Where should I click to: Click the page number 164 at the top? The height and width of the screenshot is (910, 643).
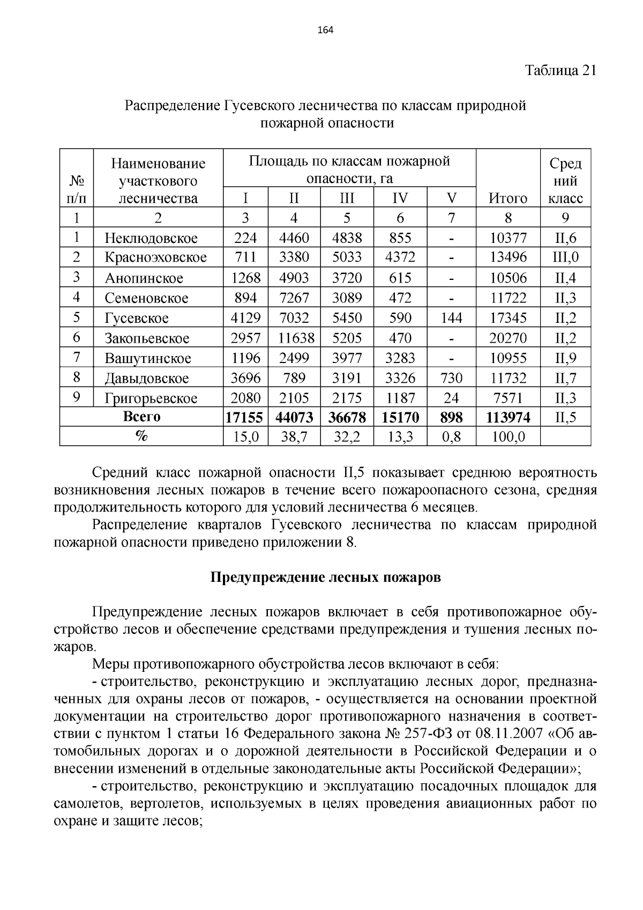[x=325, y=30]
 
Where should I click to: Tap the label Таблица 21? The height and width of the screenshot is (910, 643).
[x=560, y=71]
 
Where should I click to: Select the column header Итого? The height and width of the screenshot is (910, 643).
[x=508, y=198]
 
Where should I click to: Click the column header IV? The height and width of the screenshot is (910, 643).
[x=400, y=198]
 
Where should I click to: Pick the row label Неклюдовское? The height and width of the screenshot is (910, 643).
[x=151, y=238]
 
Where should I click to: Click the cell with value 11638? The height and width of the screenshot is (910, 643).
[x=294, y=338]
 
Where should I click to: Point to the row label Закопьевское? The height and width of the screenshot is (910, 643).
[x=147, y=338]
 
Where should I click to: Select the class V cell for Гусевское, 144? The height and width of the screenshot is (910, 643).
[x=451, y=318]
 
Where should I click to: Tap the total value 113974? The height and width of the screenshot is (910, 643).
[x=508, y=417]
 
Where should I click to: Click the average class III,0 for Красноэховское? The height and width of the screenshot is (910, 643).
[x=565, y=257]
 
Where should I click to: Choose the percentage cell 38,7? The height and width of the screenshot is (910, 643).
[x=294, y=438]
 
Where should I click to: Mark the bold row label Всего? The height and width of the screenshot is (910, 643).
[x=141, y=417]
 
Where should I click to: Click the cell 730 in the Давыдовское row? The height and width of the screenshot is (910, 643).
[x=451, y=378]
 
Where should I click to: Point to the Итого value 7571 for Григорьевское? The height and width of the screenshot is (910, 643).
[x=508, y=398]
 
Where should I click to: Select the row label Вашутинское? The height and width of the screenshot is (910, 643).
[x=148, y=358]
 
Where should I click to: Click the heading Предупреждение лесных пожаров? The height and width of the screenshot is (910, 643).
[x=325, y=578]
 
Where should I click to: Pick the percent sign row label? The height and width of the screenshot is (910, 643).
[x=141, y=437]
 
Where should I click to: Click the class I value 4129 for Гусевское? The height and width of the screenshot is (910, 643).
[x=245, y=318]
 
